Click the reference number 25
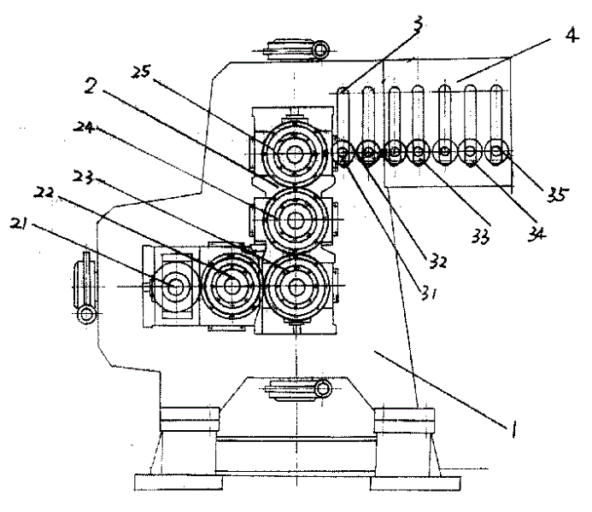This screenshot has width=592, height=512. [141, 72]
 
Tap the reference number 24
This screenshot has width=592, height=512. [84, 126]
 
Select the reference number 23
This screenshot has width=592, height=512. [83, 177]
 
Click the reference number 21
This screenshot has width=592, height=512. [19, 224]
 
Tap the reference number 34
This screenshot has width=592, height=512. [536, 234]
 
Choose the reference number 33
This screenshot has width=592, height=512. [481, 236]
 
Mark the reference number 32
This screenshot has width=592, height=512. [438, 261]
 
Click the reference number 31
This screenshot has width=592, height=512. [429, 292]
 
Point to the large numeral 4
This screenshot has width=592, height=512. [572, 35]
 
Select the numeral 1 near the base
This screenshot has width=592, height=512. [513, 429]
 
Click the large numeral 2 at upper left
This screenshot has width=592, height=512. [91, 85]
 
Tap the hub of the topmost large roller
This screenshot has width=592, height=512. [295, 153]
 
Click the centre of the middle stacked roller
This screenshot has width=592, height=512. [296, 220]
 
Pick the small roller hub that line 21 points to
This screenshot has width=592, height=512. [176, 288]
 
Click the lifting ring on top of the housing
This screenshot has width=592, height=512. [320, 49]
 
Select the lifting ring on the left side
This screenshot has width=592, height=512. [87, 314]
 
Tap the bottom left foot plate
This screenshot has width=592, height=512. [179, 482]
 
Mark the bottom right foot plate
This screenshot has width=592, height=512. [415, 483]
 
